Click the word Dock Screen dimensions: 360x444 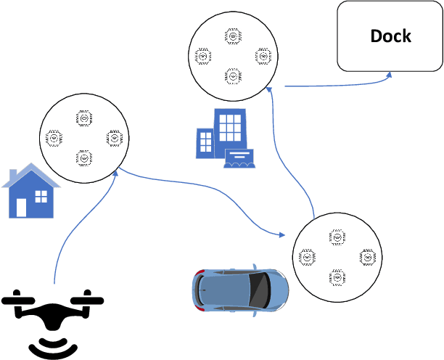(x=390, y=36)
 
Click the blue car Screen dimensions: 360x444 (x=240, y=290)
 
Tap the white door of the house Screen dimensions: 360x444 (x=21, y=207)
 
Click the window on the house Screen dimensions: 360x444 (x=41, y=196)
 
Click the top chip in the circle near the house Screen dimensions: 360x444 (x=83, y=118)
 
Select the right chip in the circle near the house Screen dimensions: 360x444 (x=114, y=136)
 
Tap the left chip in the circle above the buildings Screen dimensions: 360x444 (x=202, y=55)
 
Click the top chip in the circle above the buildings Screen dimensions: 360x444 (x=233, y=36)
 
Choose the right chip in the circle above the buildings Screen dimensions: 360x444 (x=263, y=55)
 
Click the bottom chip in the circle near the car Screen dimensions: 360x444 (x=337, y=276)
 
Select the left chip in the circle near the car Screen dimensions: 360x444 (x=306, y=256)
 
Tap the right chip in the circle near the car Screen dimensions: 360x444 (x=367, y=256)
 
